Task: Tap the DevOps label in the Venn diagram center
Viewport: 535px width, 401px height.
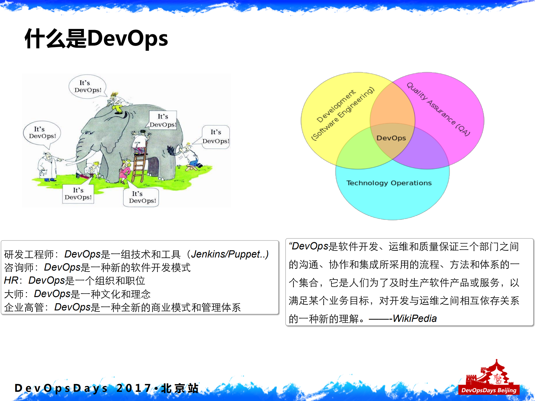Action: coord(391,138)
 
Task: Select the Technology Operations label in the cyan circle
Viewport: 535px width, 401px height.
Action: coord(389,183)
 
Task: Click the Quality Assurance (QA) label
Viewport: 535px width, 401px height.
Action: coord(438,109)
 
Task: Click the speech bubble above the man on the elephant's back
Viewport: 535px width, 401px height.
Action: coord(88,87)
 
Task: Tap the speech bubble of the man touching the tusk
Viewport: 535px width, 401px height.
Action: coord(42,133)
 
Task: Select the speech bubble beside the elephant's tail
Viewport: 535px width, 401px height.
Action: coord(216,137)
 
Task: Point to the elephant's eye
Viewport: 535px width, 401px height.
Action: coord(89,133)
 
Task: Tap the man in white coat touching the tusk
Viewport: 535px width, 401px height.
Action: coord(48,167)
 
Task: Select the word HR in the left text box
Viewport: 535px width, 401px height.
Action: coord(11,280)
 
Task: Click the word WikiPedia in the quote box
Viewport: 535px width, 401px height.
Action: coord(415,318)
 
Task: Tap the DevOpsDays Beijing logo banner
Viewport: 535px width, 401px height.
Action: coord(488,390)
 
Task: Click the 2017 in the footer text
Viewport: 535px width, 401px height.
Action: coord(134,388)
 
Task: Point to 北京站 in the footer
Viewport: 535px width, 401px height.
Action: coord(180,388)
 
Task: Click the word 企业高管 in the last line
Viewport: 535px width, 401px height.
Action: coord(24,307)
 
